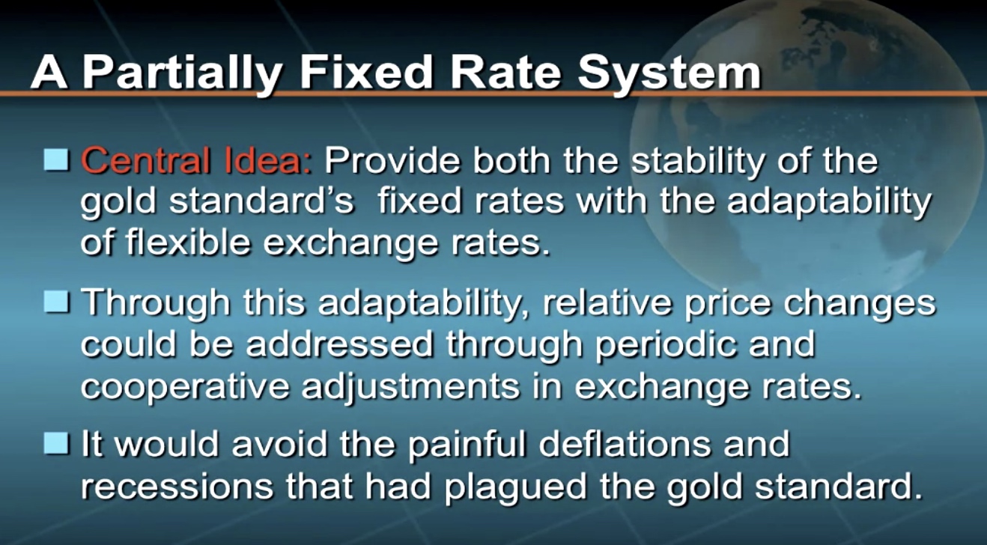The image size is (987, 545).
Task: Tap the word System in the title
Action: pyautogui.click(x=669, y=72)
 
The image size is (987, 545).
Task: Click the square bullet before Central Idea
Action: pyautogui.click(x=56, y=159)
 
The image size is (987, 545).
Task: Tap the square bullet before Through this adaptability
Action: pyautogui.click(x=56, y=302)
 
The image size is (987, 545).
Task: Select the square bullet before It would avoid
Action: pyautogui.click(x=56, y=442)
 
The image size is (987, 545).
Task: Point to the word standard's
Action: pyautogui.click(x=262, y=201)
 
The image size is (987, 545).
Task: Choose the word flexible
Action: pyautogui.click(x=188, y=242)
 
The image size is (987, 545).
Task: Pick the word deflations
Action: pyautogui.click(x=625, y=444)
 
